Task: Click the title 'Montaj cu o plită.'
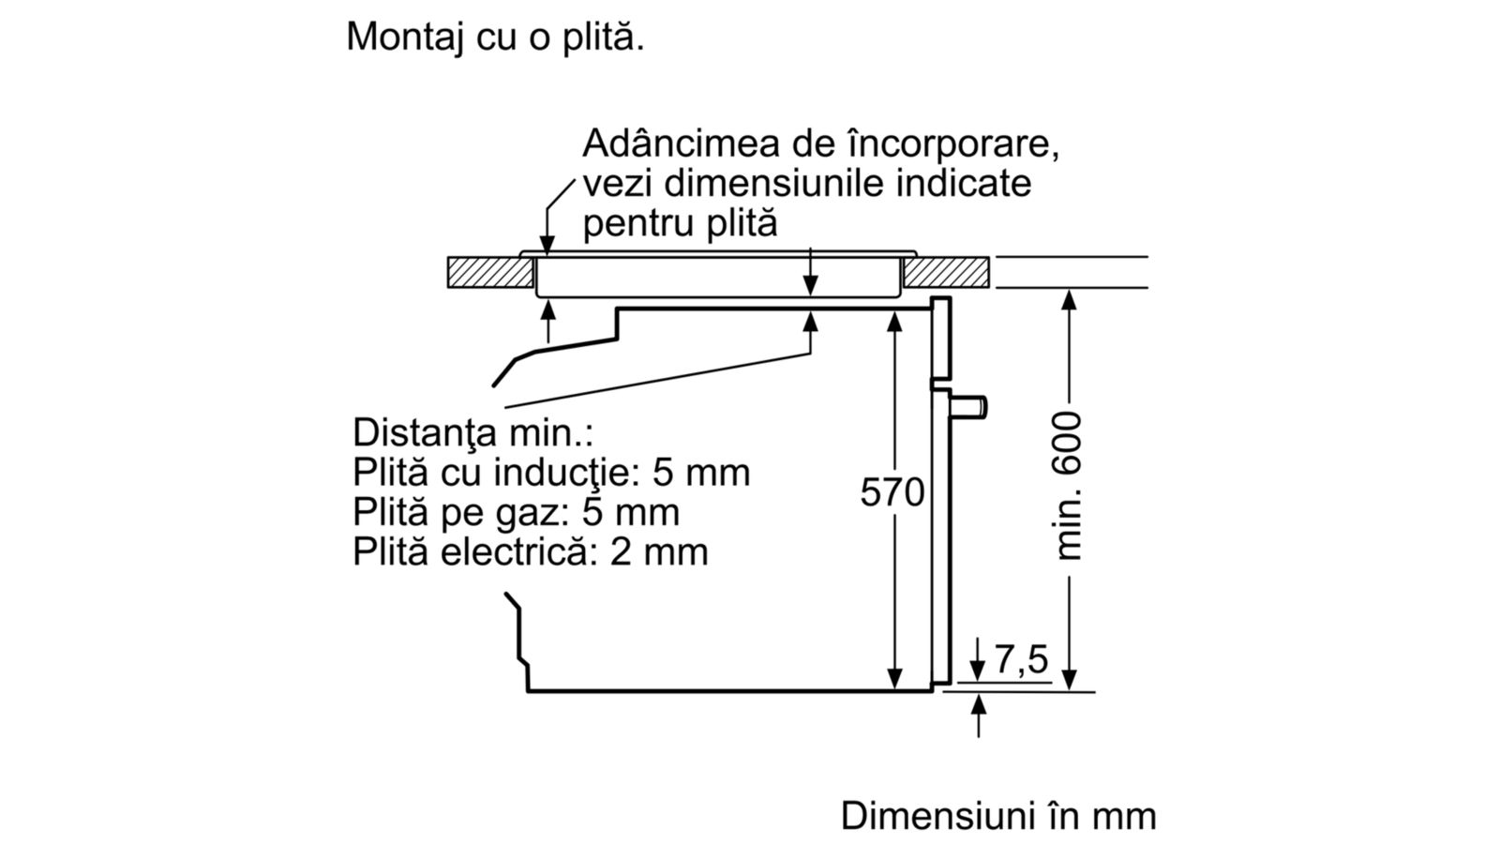[x=495, y=37]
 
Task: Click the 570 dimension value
[x=892, y=492]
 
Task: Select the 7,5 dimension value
[x=1021, y=659]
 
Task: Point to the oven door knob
[x=968, y=407]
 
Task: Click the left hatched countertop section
[x=491, y=273]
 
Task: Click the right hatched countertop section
[x=946, y=272]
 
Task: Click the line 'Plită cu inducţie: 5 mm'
[x=551, y=473]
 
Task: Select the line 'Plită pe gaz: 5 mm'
[x=516, y=512]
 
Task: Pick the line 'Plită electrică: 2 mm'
[x=531, y=552]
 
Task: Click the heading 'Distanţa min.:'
[x=472, y=432]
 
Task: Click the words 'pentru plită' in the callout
[x=680, y=224]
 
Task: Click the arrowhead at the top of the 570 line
[x=894, y=323]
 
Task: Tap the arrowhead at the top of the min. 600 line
[x=1070, y=300]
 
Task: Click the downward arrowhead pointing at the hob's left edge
[x=547, y=245]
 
